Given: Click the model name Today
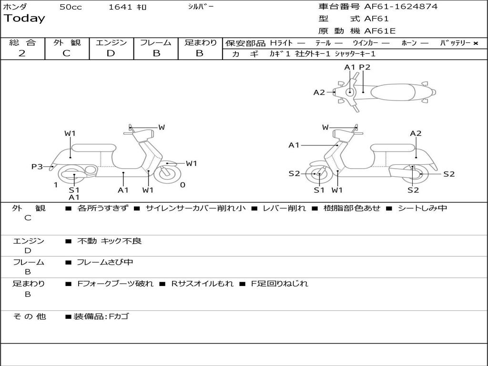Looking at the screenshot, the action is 24,19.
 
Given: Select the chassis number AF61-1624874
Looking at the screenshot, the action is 401,7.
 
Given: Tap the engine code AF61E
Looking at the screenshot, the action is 380,31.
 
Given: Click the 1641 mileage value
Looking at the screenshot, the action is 121,7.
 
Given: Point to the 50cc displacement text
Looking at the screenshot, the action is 71,7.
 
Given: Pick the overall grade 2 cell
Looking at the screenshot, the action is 22,53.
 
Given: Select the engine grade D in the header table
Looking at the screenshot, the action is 111,53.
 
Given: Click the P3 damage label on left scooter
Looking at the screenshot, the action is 37,166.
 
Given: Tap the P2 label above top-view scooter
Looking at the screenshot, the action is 365,67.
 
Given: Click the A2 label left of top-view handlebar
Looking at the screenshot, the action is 319,92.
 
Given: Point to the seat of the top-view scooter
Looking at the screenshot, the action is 391,91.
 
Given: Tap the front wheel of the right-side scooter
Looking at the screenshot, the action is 318,174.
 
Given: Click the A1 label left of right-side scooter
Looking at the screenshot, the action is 294,145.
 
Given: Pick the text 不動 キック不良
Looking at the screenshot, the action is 109,241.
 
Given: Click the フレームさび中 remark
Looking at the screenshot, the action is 105,262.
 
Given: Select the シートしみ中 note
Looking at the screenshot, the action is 422,208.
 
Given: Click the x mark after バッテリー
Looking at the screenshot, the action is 475,43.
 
